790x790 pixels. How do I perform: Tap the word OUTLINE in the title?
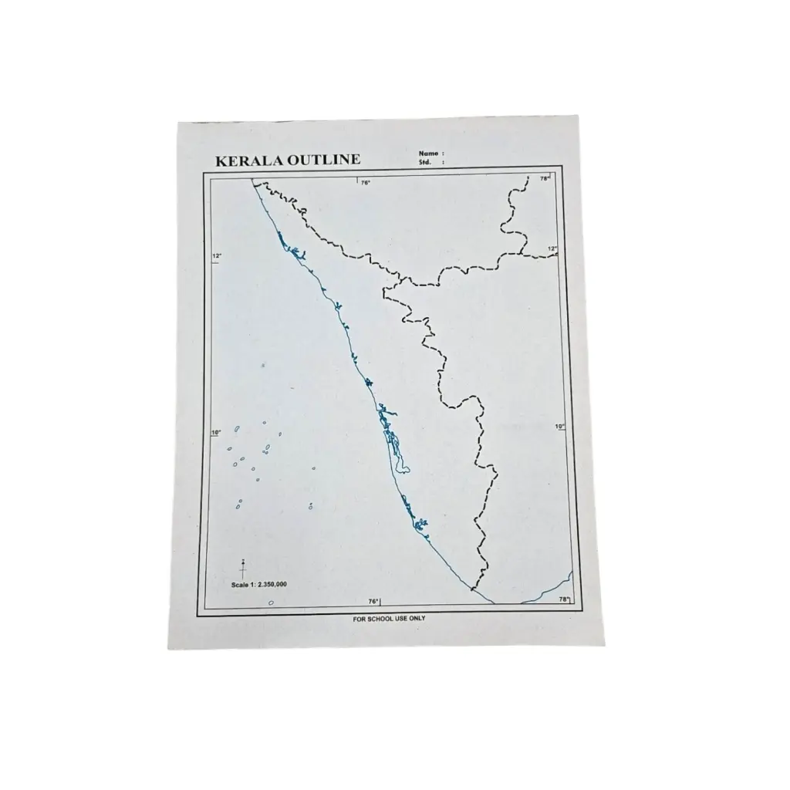(323, 160)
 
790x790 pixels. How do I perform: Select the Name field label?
(428, 154)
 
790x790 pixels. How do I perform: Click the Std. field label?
(424, 163)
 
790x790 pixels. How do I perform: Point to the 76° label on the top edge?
(366, 183)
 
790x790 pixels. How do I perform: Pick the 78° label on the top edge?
(545, 179)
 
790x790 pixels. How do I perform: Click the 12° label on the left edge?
(217, 256)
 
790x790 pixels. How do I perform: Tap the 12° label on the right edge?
(552, 248)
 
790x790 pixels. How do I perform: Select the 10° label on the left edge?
(216, 432)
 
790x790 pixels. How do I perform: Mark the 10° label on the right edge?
(559, 426)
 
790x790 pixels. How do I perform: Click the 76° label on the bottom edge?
(373, 601)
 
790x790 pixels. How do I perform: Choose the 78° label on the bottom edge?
(563, 599)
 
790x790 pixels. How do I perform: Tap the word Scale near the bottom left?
(240, 586)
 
